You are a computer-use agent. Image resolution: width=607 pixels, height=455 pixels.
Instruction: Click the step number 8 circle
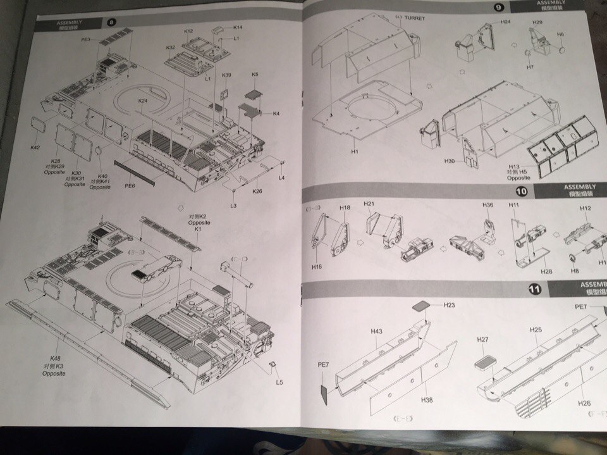(112, 22)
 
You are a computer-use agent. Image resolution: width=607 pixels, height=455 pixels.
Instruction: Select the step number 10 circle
(521, 191)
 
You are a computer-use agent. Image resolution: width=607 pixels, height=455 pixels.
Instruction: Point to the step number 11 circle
(535, 289)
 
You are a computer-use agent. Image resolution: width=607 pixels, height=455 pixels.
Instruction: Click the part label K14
(238, 27)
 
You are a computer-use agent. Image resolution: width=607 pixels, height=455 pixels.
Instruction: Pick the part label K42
(35, 147)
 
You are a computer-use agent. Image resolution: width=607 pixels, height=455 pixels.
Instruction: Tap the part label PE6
(130, 185)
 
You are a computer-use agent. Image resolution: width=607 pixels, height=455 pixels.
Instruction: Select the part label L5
(279, 382)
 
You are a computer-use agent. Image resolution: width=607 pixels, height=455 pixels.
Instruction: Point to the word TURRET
(412, 18)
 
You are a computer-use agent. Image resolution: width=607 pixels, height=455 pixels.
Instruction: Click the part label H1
(353, 152)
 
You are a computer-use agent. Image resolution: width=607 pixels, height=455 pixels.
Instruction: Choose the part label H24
(505, 22)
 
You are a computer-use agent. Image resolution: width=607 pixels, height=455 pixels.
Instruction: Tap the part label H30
(449, 161)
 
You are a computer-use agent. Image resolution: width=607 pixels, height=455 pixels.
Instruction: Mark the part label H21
(370, 204)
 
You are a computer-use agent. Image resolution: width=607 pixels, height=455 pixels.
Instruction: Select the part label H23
(450, 305)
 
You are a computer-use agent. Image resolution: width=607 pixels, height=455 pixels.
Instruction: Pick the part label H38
(426, 400)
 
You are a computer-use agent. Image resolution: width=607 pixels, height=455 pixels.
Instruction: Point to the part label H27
(482, 340)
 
